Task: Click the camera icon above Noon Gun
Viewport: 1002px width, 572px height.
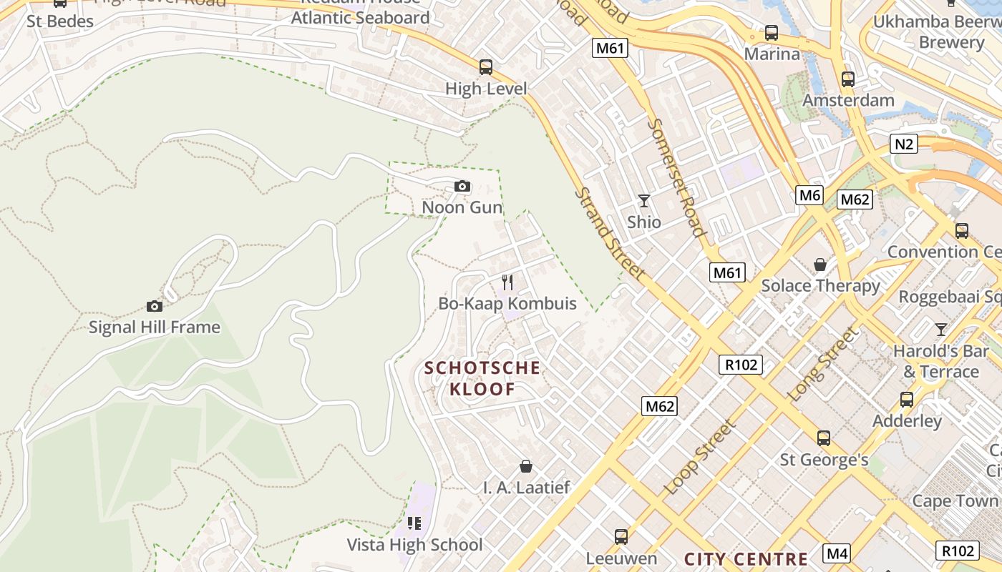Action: pos(462,187)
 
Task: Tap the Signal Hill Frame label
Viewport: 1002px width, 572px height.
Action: pos(155,327)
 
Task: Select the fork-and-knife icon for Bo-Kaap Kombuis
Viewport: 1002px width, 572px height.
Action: pos(507,282)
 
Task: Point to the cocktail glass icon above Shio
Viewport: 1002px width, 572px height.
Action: pos(644,201)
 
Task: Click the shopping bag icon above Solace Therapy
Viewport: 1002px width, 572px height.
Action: pos(820,265)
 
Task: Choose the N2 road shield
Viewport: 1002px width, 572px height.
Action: pos(905,144)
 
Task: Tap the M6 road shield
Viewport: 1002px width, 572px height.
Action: pos(809,194)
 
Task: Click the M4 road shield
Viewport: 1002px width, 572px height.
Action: pos(837,553)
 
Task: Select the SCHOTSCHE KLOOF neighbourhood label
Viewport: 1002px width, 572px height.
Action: pos(482,378)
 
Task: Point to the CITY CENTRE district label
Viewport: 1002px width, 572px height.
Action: pos(746,559)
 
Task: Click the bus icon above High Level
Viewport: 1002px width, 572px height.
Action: pos(486,67)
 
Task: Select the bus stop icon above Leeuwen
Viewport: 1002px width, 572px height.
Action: pos(621,536)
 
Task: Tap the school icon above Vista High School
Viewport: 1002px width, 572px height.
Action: pos(414,523)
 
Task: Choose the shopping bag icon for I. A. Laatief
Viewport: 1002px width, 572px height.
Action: pos(526,466)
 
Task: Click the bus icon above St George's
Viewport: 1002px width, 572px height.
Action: pos(824,438)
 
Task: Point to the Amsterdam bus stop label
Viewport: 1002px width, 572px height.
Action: pos(848,100)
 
